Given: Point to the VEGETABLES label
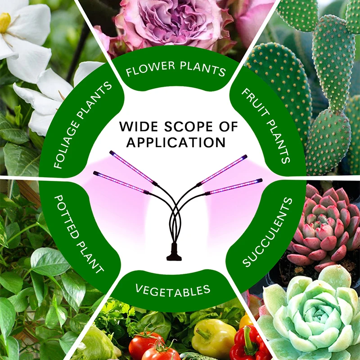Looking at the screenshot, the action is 173,289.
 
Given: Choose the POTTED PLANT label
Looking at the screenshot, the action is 78,234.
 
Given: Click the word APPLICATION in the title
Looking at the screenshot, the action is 176,142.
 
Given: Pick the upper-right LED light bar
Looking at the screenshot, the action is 223,170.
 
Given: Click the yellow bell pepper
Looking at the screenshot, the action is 214,337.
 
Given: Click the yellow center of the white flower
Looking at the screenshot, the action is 5,22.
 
